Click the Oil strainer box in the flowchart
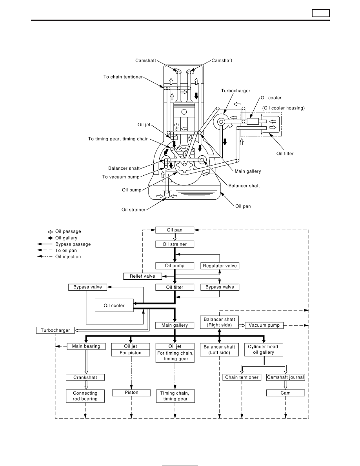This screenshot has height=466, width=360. click(x=175, y=244)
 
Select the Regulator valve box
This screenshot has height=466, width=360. click(x=220, y=266)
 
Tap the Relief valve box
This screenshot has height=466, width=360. click(x=143, y=276)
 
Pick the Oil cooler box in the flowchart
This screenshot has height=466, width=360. click(x=114, y=306)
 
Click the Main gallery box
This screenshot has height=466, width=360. click(x=175, y=326)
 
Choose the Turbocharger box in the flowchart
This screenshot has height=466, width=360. click(x=55, y=330)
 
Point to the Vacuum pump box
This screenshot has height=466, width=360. click(x=264, y=326)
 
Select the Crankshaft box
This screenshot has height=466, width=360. click(x=85, y=377)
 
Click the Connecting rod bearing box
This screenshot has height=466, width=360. click(x=85, y=396)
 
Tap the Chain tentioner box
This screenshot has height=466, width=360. click(x=242, y=377)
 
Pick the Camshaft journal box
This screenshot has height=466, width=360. click(x=285, y=377)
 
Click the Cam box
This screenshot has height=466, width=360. click(x=285, y=393)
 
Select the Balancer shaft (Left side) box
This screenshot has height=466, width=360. click(x=220, y=350)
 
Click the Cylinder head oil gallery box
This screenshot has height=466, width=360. click(x=264, y=349)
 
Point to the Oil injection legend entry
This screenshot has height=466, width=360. click(x=59, y=257)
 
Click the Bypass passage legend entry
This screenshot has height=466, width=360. click(x=64, y=244)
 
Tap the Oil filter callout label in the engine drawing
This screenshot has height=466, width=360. click(x=285, y=154)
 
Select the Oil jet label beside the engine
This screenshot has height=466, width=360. click(x=144, y=125)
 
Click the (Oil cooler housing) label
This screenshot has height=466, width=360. click(x=284, y=108)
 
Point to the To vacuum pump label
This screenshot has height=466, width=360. click(x=121, y=177)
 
